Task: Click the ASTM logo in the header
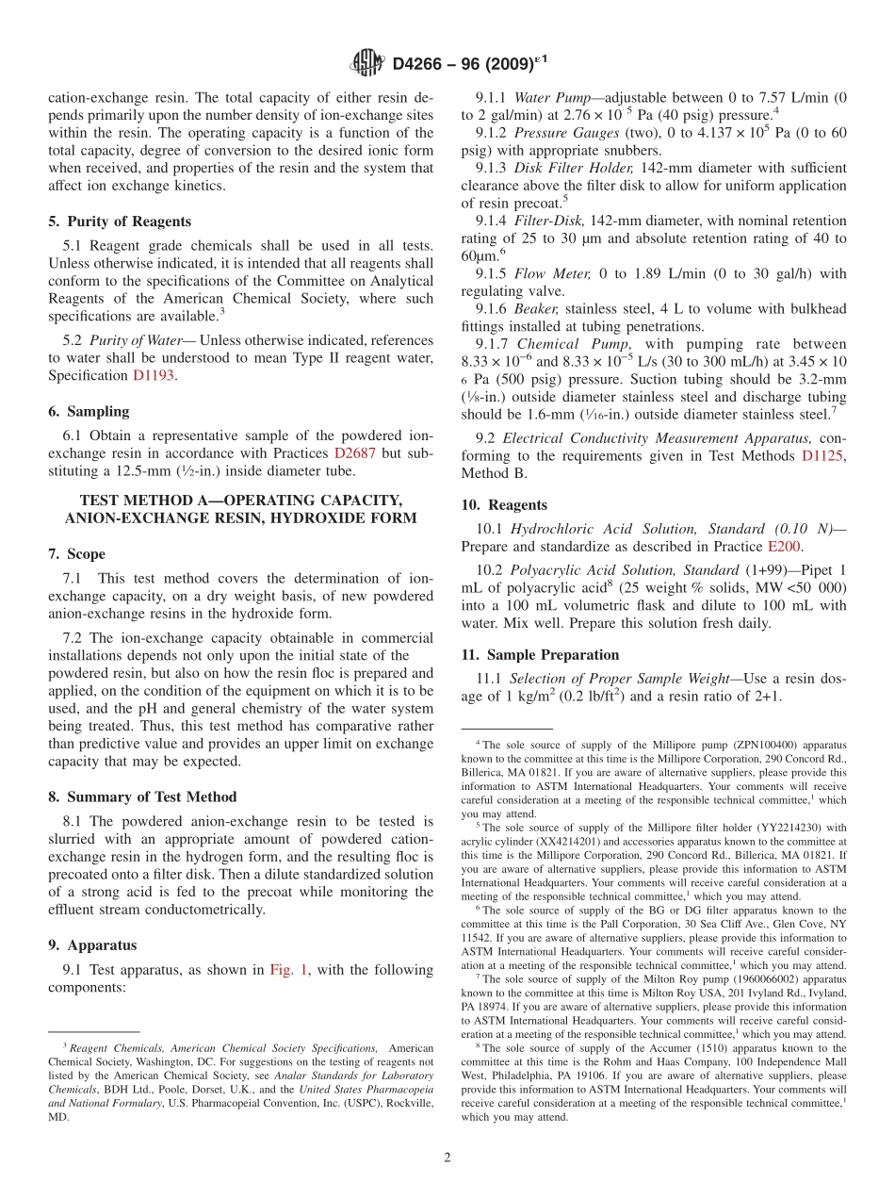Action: [x=366, y=64]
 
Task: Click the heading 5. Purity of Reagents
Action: [x=120, y=222]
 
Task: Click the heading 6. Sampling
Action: [x=89, y=411]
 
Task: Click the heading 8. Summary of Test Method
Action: [x=142, y=797]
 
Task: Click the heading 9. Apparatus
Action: [x=92, y=944]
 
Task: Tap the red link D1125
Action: [x=823, y=456]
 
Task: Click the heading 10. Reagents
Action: [x=504, y=505]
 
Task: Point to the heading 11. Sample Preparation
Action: [x=540, y=654]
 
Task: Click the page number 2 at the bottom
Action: [x=447, y=1158]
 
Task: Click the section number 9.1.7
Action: [x=494, y=344]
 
